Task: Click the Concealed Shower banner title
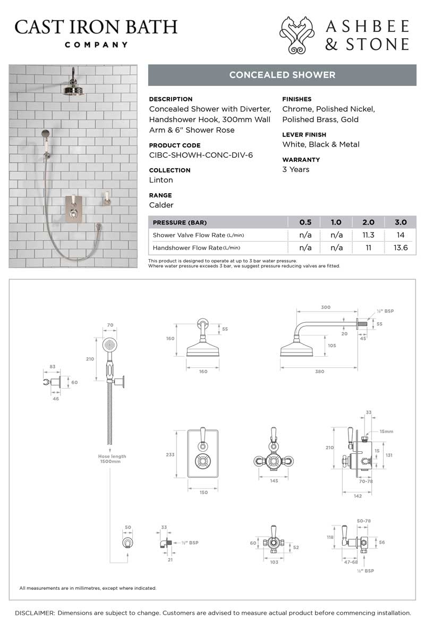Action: (x=282, y=75)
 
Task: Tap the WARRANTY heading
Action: (x=301, y=159)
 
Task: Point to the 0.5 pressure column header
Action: (x=305, y=222)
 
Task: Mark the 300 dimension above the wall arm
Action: (x=326, y=307)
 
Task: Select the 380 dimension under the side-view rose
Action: (x=319, y=372)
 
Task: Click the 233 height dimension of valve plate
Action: (x=171, y=454)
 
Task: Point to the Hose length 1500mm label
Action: (x=112, y=459)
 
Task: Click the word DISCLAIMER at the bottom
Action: (x=35, y=613)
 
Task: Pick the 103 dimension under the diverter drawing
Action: (x=274, y=562)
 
